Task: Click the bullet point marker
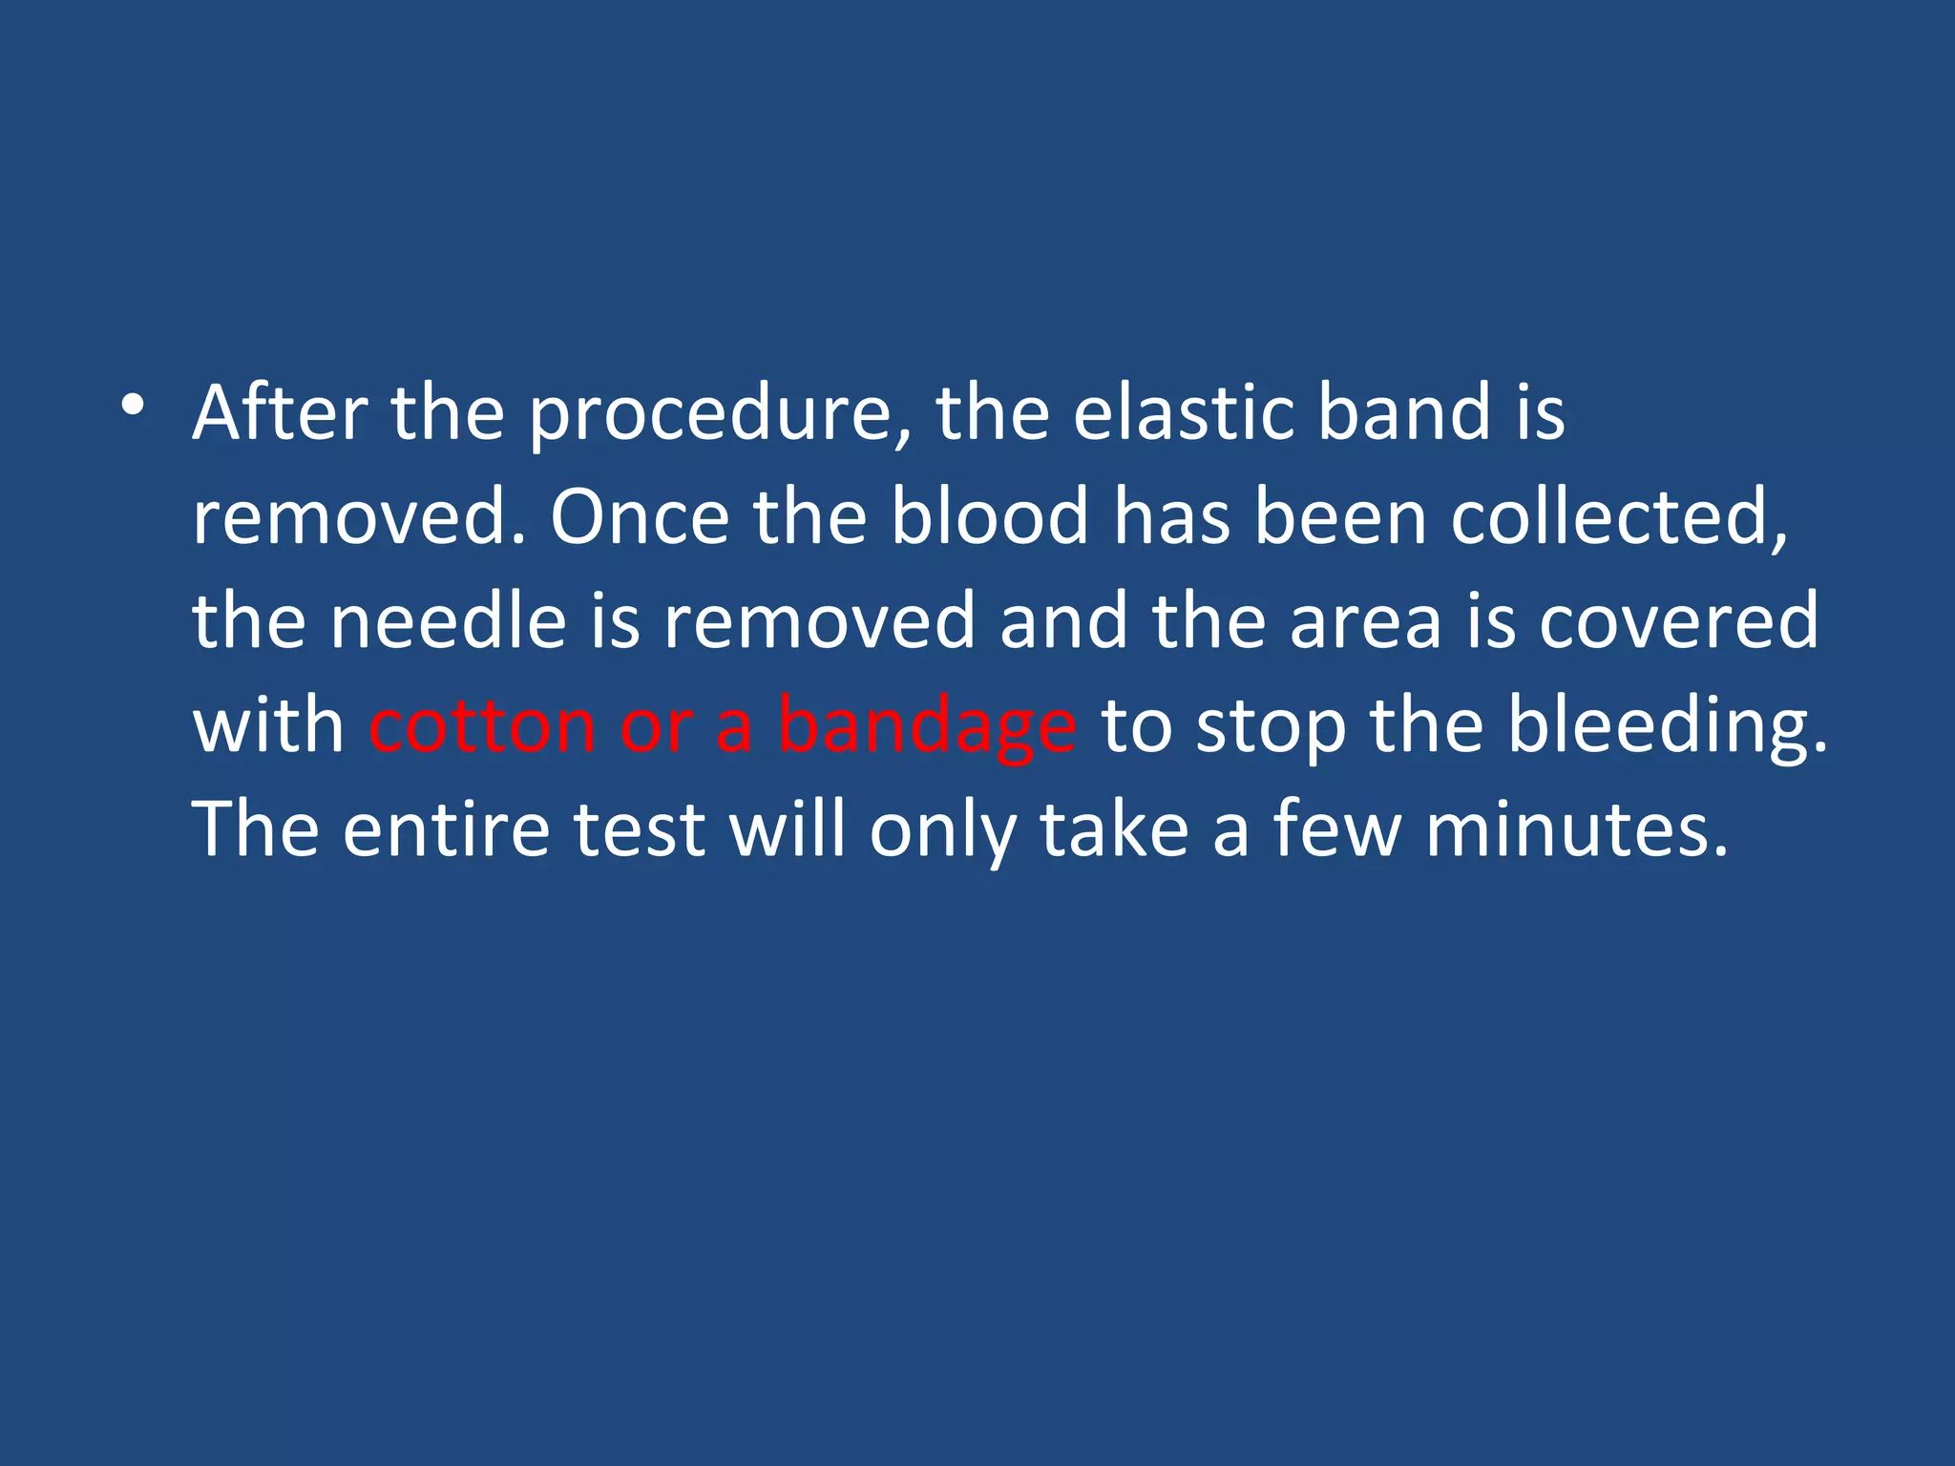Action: pyautogui.click(x=133, y=407)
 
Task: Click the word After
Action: pyautogui.click(x=280, y=412)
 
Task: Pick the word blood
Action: pyautogui.click(x=989, y=517)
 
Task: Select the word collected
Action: pyautogui.click(x=1619, y=517)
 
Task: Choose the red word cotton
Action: pyautogui.click(x=481, y=726)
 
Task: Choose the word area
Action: pyautogui.click(x=1365, y=621)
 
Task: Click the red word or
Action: pyautogui.click(x=655, y=726)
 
